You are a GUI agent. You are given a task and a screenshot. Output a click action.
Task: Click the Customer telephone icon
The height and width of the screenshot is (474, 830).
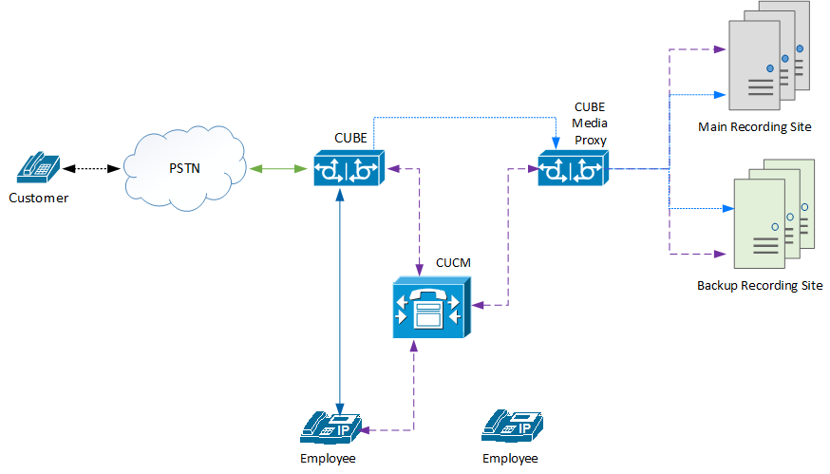click(39, 167)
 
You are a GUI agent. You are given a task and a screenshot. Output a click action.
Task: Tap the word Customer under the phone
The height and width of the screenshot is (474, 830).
click(39, 198)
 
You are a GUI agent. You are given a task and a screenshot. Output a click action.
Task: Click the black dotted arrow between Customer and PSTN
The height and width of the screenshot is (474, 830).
click(91, 169)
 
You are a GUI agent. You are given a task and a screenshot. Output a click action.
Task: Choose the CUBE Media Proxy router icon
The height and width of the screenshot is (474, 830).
click(572, 168)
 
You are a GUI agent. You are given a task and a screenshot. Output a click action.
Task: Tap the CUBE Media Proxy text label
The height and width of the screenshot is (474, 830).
click(591, 123)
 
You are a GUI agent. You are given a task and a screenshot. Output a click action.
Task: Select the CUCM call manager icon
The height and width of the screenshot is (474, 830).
click(429, 306)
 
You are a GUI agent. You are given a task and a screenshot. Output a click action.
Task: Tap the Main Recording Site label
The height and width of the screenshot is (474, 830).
click(754, 126)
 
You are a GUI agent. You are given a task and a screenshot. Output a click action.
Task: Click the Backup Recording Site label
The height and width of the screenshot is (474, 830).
click(759, 285)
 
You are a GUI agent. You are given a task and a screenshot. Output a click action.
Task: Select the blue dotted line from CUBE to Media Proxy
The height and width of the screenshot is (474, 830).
click(465, 118)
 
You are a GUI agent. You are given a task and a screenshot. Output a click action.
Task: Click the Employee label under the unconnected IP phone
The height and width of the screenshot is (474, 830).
click(509, 459)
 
